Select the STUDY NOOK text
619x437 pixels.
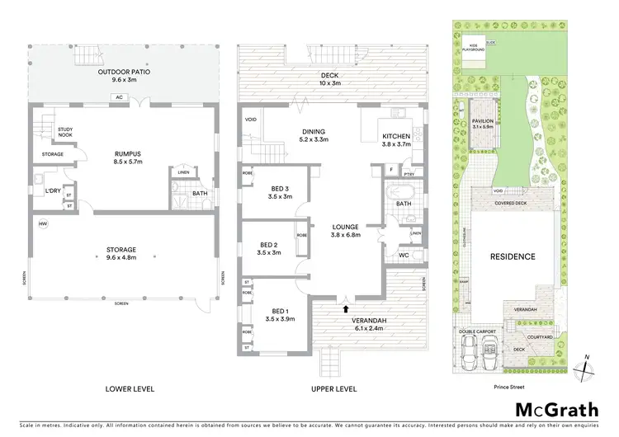pyautogui.click(x=66, y=133)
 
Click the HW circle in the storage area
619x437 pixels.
pyautogui.click(x=42, y=223)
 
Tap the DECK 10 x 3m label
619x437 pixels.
pyautogui.click(x=330, y=78)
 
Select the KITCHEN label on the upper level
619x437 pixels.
pyautogui.click(x=397, y=140)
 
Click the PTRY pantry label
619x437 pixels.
pyautogui.click(x=408, y=174)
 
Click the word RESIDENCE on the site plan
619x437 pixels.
pyautogui.click(x=512, y=256)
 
